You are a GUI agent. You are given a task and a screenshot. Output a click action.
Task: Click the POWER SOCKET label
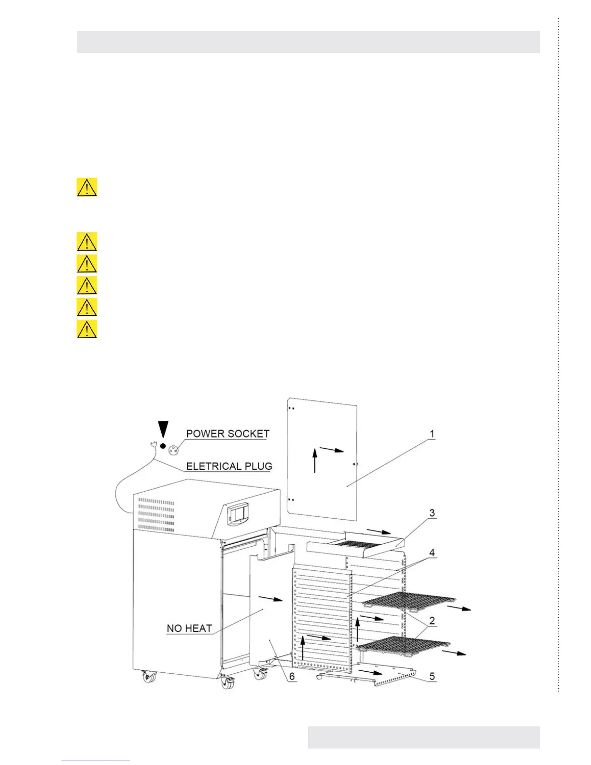227,434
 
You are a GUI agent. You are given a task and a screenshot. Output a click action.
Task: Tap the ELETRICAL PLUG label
229,466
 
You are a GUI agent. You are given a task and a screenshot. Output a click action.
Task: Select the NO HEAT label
189,628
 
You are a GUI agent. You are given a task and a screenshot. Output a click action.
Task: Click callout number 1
432,434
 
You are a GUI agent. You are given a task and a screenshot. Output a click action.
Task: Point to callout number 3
432,513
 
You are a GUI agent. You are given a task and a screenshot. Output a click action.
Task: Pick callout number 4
432,552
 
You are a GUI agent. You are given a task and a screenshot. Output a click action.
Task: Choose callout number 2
432,621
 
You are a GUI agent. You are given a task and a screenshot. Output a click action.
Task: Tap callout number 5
432,676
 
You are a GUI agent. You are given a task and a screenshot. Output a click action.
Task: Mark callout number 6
292,676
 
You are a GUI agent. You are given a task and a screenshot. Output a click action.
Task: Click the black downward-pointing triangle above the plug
164,429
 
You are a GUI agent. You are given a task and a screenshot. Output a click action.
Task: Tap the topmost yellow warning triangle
87,187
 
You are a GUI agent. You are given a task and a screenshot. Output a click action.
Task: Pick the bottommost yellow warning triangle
87,329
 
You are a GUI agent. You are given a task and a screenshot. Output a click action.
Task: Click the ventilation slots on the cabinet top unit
156,515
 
